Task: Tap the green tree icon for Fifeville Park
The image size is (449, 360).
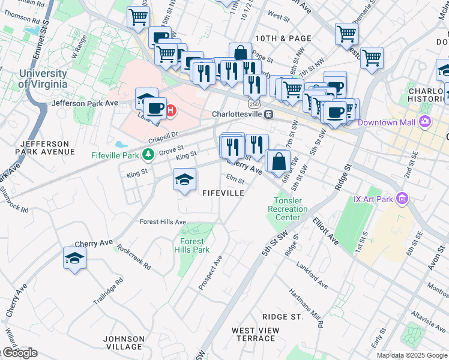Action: [148, 155]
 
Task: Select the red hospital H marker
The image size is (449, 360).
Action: [171, 110]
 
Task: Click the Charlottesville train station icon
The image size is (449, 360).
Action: [270, 114]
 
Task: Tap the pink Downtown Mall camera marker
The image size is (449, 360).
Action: [426, 122]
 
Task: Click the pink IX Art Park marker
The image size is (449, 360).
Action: [402, 199]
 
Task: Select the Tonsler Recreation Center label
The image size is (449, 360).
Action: [291, 209]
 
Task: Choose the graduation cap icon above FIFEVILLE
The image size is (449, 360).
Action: [185, 179]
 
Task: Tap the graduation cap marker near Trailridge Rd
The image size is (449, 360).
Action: [74, 258]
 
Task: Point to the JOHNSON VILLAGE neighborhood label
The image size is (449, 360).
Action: [123, 343]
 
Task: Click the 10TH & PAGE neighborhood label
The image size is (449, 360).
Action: [283, 38]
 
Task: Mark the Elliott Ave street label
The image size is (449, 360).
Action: [325, 231]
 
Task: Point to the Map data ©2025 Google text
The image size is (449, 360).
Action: [412, 355]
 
